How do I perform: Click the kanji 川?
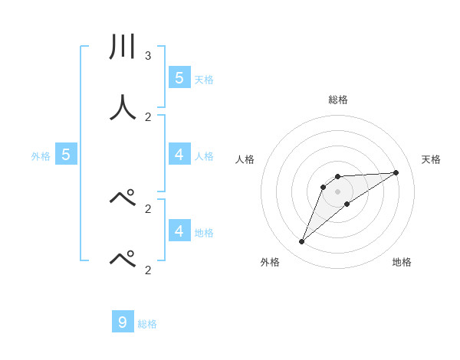(122, 47)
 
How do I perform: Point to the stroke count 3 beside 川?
(148, 56)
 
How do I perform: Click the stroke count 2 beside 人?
(148, 117)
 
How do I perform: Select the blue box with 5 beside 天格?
(179, 77)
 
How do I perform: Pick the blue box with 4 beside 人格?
(179, 155)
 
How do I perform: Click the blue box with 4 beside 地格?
(179, 231)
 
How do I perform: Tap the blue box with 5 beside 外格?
(65, 155)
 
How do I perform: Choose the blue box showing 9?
(123, 322)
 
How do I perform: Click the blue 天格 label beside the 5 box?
(204, 79)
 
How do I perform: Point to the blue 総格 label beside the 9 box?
(147, 324)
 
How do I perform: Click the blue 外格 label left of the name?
(41, 156)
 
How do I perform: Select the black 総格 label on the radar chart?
(338, 100)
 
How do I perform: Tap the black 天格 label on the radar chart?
(432, 159)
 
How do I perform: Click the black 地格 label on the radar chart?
(402, 262)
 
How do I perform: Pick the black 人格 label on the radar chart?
(245, 159)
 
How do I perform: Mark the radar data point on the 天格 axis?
(396, 172)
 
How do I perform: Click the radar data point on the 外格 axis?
(302, 242)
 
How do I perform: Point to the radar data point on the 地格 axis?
(347, 204)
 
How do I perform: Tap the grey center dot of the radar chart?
(338, 191)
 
